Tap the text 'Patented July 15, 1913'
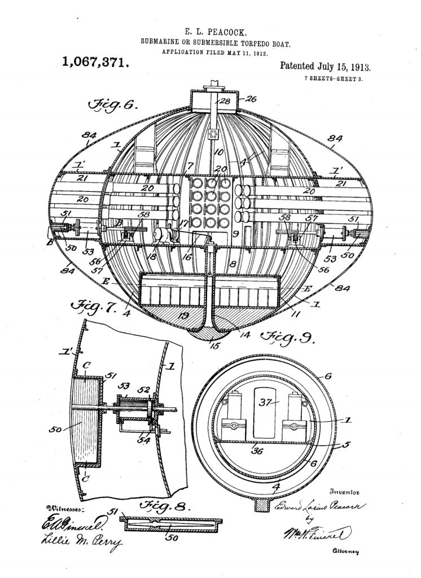325,67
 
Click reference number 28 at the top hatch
225,102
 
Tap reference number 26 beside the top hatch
251,98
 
